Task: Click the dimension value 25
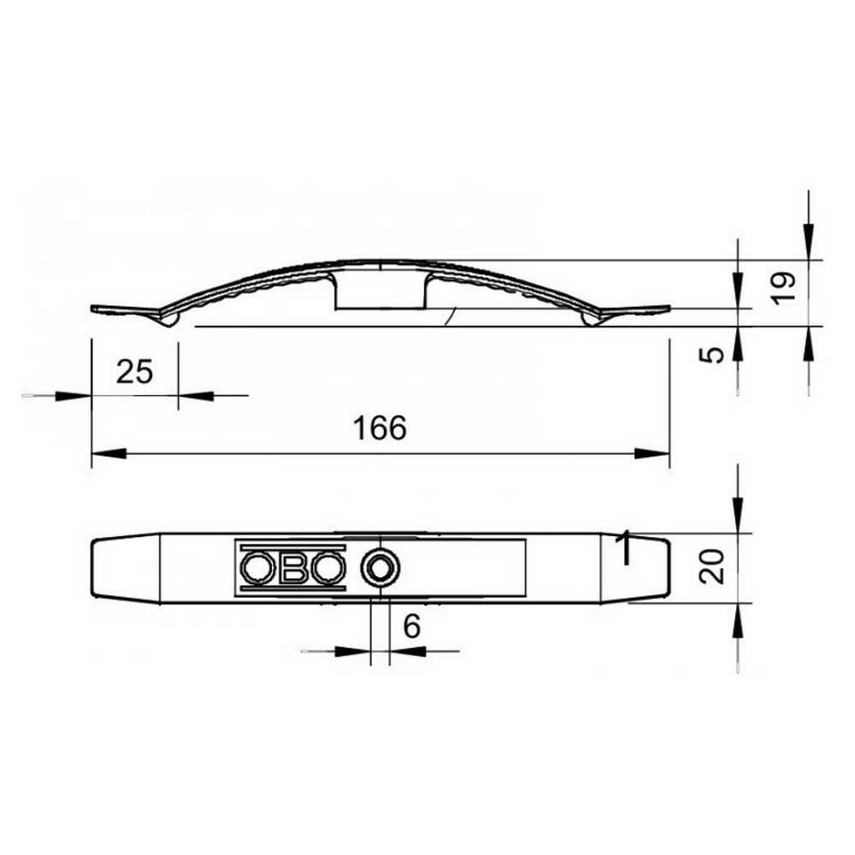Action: (x=134, y=372)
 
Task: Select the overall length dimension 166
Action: (x=380, y=428)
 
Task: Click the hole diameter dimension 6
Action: (x=411, y=627)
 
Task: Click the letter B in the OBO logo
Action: (x=292, y=567)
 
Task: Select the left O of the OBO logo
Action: (x=256, y=567)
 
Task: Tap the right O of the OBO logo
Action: (x=328, y=567)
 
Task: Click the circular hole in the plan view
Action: (x=379, y=566)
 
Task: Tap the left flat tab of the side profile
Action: (x=124, y=308)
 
